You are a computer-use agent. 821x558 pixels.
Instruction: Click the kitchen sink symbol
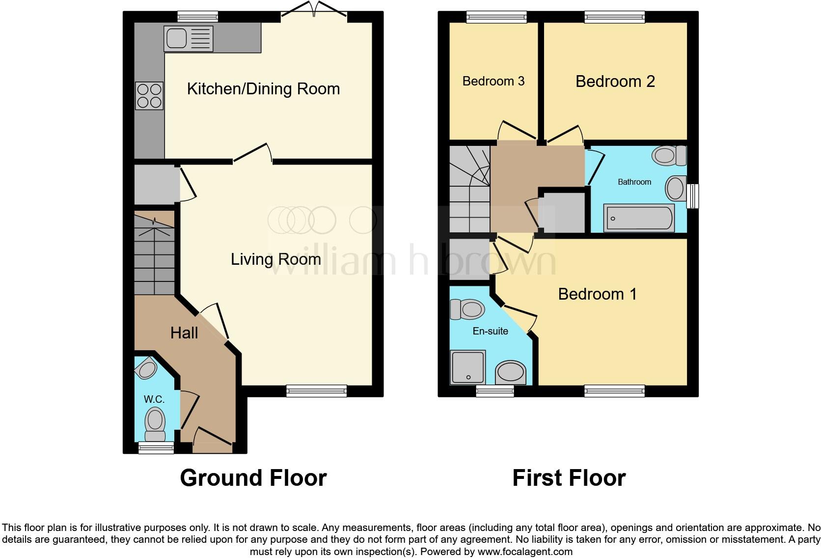tap(189, 39)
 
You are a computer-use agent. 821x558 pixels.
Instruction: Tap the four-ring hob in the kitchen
tap(149, 96)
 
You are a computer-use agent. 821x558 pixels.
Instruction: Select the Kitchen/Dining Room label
tap(263, 89)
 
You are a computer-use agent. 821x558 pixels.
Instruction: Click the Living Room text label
tap(275, 259)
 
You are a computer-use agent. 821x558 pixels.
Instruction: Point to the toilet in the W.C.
tap(155, 423)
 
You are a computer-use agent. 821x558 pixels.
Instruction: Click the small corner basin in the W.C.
tap(146, 369)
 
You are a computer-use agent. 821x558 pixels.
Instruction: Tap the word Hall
tap(184, 333)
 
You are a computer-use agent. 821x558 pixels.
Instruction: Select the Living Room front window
tap(317, 391)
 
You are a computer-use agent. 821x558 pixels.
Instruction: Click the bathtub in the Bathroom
tap(639, 218)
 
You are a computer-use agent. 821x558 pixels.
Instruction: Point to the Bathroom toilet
tap(668, 156)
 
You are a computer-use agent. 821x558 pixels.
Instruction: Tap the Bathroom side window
tap(693, 196)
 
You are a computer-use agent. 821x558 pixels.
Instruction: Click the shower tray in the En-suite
tap(468, 367)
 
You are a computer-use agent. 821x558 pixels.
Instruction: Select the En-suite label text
tap(490, 331)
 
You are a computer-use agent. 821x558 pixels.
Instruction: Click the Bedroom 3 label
tap(493, 81)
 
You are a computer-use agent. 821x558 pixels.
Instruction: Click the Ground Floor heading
tap(253, 478)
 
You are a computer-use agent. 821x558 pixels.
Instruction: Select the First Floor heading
tap(569, 478)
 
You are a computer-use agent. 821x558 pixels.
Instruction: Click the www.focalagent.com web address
tap(524, 552)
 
